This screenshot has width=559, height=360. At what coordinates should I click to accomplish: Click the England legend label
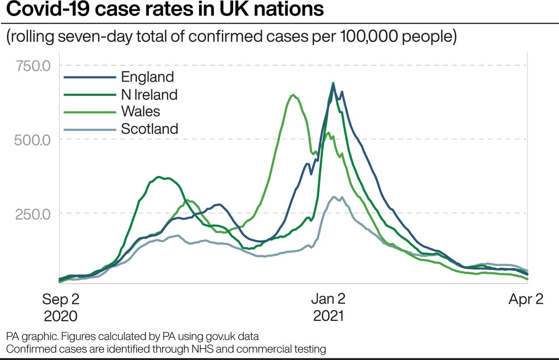(x=147, y=77)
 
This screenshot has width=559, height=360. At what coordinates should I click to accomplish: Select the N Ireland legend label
(x=149, y=94)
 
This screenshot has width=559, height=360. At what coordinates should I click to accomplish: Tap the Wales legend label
(x=140, y=111)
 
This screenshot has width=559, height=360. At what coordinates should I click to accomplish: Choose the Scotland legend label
(x=149, y=129)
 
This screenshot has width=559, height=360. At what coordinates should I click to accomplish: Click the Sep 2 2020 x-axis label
(x=60, y=307)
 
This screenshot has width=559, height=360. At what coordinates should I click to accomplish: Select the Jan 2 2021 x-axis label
(x=328, y=307)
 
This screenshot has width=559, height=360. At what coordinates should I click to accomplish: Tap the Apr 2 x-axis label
(x=526, y=299)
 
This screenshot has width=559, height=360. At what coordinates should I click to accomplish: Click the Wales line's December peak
(x=293, y=95)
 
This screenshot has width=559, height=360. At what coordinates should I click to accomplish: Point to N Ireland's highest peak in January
(x=333, y=83)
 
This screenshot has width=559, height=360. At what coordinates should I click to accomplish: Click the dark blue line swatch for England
(x=90, y=78)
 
